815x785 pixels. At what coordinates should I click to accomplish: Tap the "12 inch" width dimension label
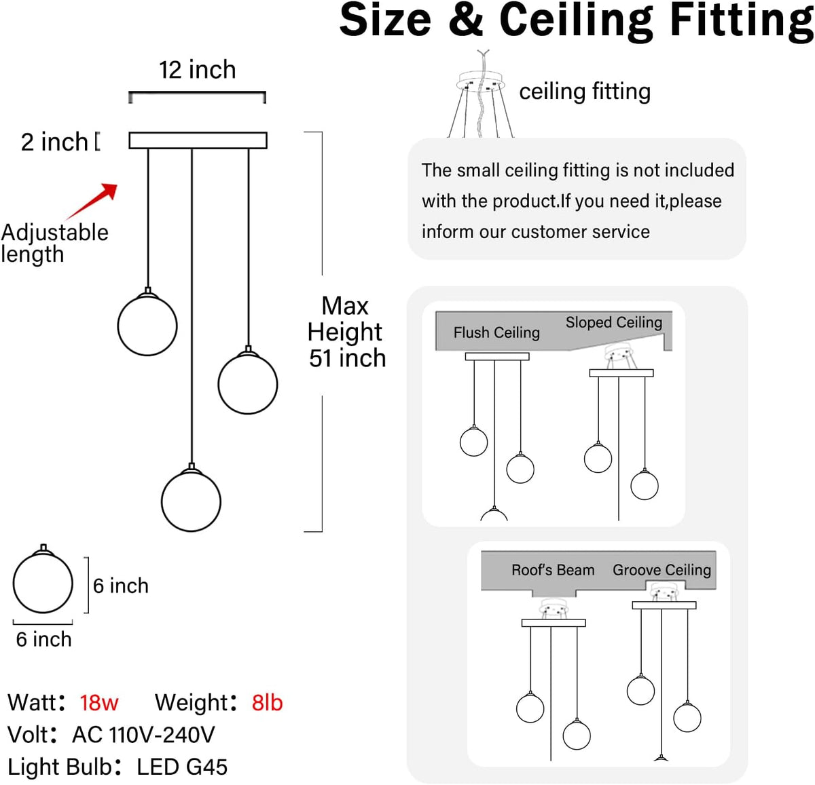coord(197,69)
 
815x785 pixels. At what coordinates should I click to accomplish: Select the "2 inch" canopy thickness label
coord(54,142)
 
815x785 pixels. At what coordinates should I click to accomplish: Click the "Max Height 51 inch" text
coord(346,332)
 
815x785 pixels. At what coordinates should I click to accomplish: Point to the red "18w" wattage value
coord(99,703)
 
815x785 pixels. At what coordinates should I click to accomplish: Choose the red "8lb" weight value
coord(267,703)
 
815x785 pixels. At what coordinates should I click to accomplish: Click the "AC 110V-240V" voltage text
coord(144,734)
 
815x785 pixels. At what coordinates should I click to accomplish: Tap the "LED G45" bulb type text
coord(182,767)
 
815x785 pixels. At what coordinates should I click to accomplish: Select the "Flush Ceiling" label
coord(496,332)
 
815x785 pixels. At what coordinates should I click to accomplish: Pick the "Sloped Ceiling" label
coord(614,322)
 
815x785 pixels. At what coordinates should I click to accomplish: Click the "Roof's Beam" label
coord(553,570)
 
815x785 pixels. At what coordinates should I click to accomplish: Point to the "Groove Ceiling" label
coord(662,570)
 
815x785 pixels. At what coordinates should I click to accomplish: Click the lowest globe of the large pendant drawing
coord(191,501)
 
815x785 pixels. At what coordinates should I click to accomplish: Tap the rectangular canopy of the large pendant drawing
coord(198,140)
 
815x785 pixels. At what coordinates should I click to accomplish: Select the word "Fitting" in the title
coord(742,20)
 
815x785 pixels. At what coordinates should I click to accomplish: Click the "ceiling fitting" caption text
coord(585,92)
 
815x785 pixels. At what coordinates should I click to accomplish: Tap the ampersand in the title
coord(466,20)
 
